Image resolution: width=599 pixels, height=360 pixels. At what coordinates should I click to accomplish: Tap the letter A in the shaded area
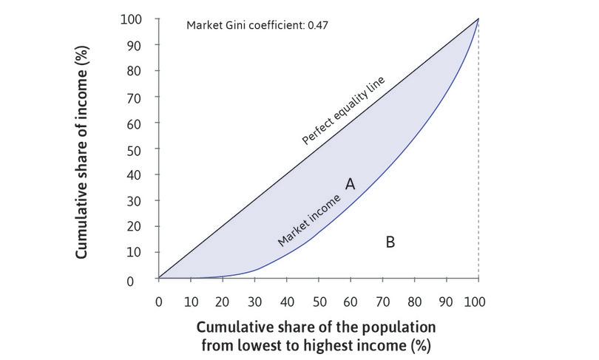(x=350, y=183)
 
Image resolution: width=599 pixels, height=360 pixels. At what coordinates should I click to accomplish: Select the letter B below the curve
(x=390, y=241)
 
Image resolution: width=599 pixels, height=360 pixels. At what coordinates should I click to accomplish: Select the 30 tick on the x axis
(x=254, y=302)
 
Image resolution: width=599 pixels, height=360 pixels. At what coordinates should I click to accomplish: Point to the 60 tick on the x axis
(x=350, y=302)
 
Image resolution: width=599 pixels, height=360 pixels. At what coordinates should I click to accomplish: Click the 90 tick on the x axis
(x=446, y=302)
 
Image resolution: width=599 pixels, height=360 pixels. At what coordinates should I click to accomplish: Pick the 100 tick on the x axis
(x=478, y=302)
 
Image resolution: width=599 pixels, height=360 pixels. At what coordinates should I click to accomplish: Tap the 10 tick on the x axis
(x=190, y=302)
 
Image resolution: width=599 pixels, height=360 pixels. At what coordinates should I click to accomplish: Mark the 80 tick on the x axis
(x=414, y=302)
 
